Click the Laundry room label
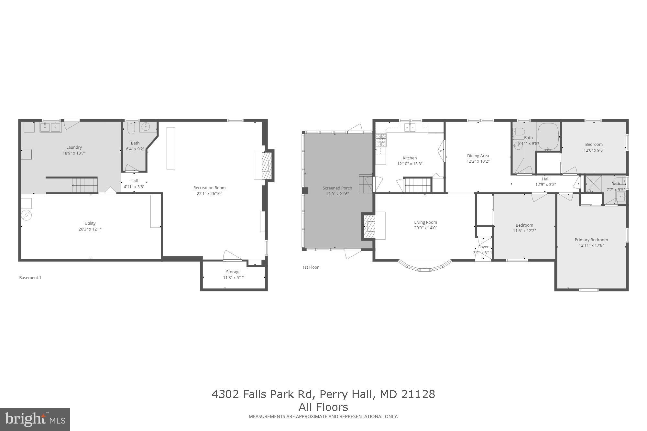[x=74, y=147]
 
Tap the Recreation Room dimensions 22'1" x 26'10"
[x=209, y=194]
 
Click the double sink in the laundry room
[x=50, y=127]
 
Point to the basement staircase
[x=84, y=185]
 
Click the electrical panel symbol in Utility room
[x=27, y=215]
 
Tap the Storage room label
[x=233, y=272]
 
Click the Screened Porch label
[x=337, y=188]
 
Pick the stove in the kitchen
[x=381, y=141]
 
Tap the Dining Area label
[x=478, y=156]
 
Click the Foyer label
[x=483, y=247]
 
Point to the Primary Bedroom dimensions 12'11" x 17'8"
[x=591, y=245]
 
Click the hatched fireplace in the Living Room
[x=369, y=226]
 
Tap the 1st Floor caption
[x=311, y=267]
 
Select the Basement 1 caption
[x=30, y=278]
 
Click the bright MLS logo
[x=35, y=419]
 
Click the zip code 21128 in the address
[x=418, y=394]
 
